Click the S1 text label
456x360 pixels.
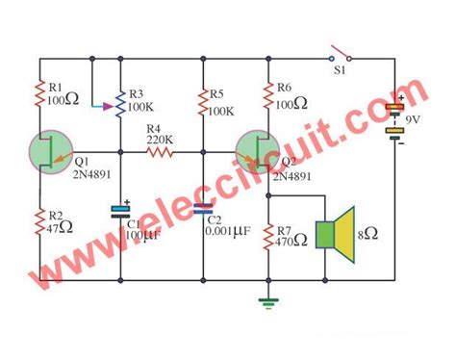click(x=339, y=70)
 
